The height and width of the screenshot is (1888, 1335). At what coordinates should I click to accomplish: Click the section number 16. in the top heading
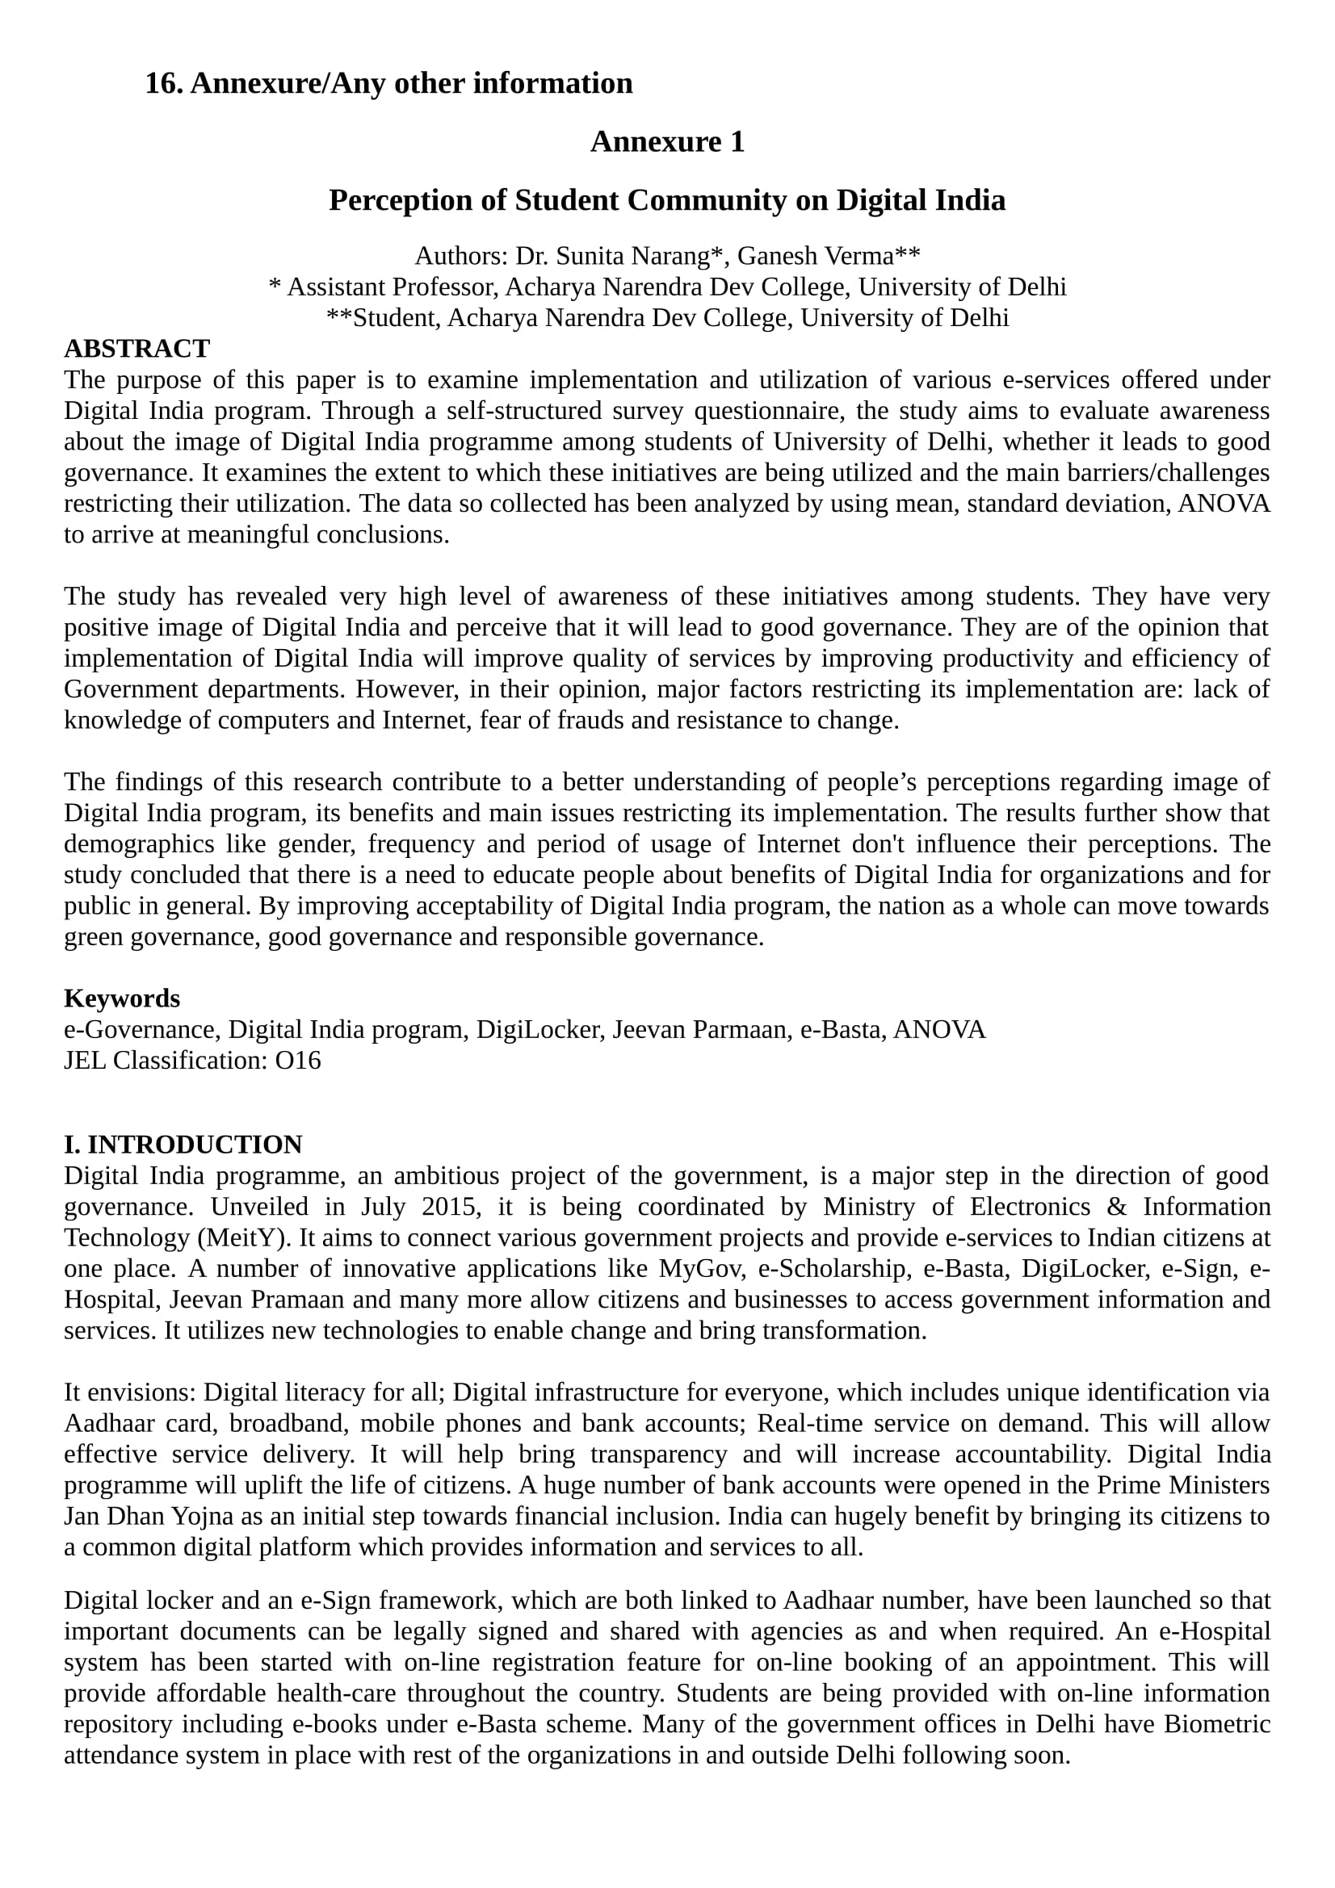coord(164,84)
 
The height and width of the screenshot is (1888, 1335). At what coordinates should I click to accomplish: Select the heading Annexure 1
coord(667,142)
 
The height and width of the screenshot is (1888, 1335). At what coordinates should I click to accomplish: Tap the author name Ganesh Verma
coord(815,257)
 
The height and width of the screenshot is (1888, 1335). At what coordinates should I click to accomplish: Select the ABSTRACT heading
coord(136,349)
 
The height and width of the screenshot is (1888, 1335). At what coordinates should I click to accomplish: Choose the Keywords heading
coord(122,998)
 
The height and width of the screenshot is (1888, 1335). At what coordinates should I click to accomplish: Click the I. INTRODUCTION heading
coord(183,1145)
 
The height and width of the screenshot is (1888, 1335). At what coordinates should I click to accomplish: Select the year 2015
coord(448,1206)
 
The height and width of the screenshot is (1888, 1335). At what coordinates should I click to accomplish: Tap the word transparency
coord(658,1454)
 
